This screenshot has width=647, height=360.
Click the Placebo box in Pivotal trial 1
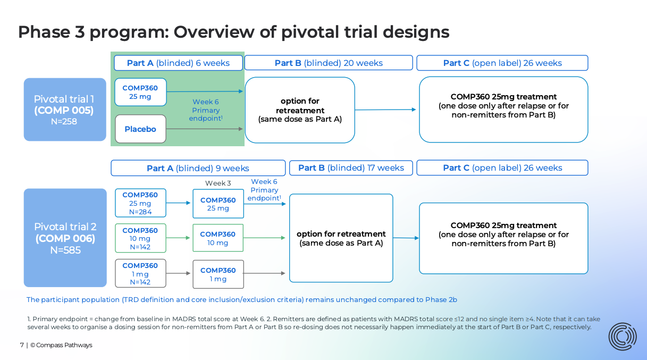[x=140, y=129]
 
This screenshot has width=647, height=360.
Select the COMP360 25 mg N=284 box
[x=140, y=203]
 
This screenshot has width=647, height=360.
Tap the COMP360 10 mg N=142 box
[x=140, y=238]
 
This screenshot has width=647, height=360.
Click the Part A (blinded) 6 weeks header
[x=178, y=63]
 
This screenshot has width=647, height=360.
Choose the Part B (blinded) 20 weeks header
[x=329, y=63]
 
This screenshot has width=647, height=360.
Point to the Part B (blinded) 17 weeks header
[x=351, y=168]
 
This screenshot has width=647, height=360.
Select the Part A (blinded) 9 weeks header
[x=198, y=168]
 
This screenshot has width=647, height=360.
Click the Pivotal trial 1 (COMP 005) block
[x=64, y=110]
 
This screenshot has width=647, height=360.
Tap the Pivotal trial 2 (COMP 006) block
[x=65, y=238]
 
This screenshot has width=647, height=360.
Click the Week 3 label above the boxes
[x=218, y=183]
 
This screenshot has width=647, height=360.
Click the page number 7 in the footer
[x=22, y=345]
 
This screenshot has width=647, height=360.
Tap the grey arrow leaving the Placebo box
[x=205, y=129]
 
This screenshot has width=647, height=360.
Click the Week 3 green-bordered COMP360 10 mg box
[x=218, y=238]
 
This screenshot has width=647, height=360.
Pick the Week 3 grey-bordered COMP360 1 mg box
[x=218, y=274]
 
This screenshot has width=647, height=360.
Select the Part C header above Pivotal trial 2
[x=502, y=168]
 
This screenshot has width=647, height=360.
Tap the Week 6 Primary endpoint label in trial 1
[x=206, y=110]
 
